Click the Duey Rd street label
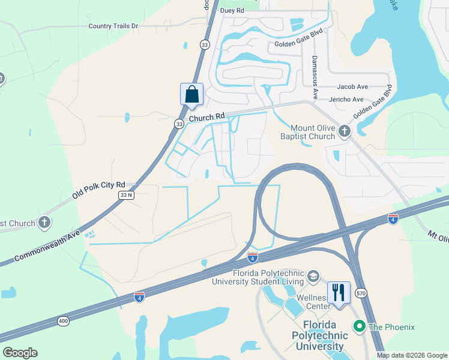pos(232,10)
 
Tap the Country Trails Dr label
pos(113,26)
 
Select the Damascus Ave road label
pos(313,78)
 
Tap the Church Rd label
pos(206,118)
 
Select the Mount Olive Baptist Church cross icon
pos(345,131)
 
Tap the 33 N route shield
pos(127,195)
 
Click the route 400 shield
pos(63,322)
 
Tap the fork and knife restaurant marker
pos(339,293)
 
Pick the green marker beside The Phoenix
pos(360,326)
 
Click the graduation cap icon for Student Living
pos(313,276)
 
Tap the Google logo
pos(20,353)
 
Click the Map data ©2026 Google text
pos(412,355)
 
